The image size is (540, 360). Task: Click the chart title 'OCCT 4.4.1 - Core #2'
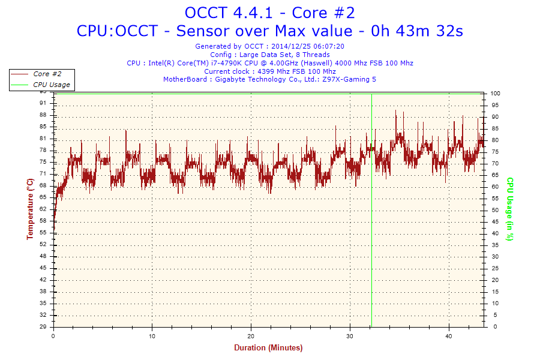pyautogui.click(x=269, y=13)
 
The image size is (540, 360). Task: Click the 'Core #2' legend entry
pyautogui.click(x=47, y=74)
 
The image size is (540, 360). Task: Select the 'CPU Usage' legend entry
pyautogui.click(x=51, y=85)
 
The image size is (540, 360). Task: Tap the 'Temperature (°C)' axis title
pyautogui.click(x=30, y=209)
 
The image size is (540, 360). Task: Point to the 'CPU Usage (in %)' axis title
pyautogui.click(x=509, y=209)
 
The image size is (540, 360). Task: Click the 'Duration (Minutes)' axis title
pyautogui.click(x=268, y=348)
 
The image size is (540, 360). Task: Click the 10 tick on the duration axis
pyautogui.click(x=152, y=336)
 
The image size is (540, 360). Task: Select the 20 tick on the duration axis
pyautogui.click(x=251, y=336)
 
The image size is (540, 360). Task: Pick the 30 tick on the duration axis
pyautogui.click(x=350, y=336)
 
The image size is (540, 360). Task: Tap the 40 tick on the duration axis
pyautogui.click(x=449, y=336)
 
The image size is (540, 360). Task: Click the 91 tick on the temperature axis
pyautogui.click(x=43, y=103)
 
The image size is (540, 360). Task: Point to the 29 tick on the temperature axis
pyautogui.click(x=43, y=327)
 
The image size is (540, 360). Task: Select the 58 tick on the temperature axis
pyautogui.click(x=43, y=221)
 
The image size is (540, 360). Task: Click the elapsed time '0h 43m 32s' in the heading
pyautogui.click(x=418, y=31)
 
